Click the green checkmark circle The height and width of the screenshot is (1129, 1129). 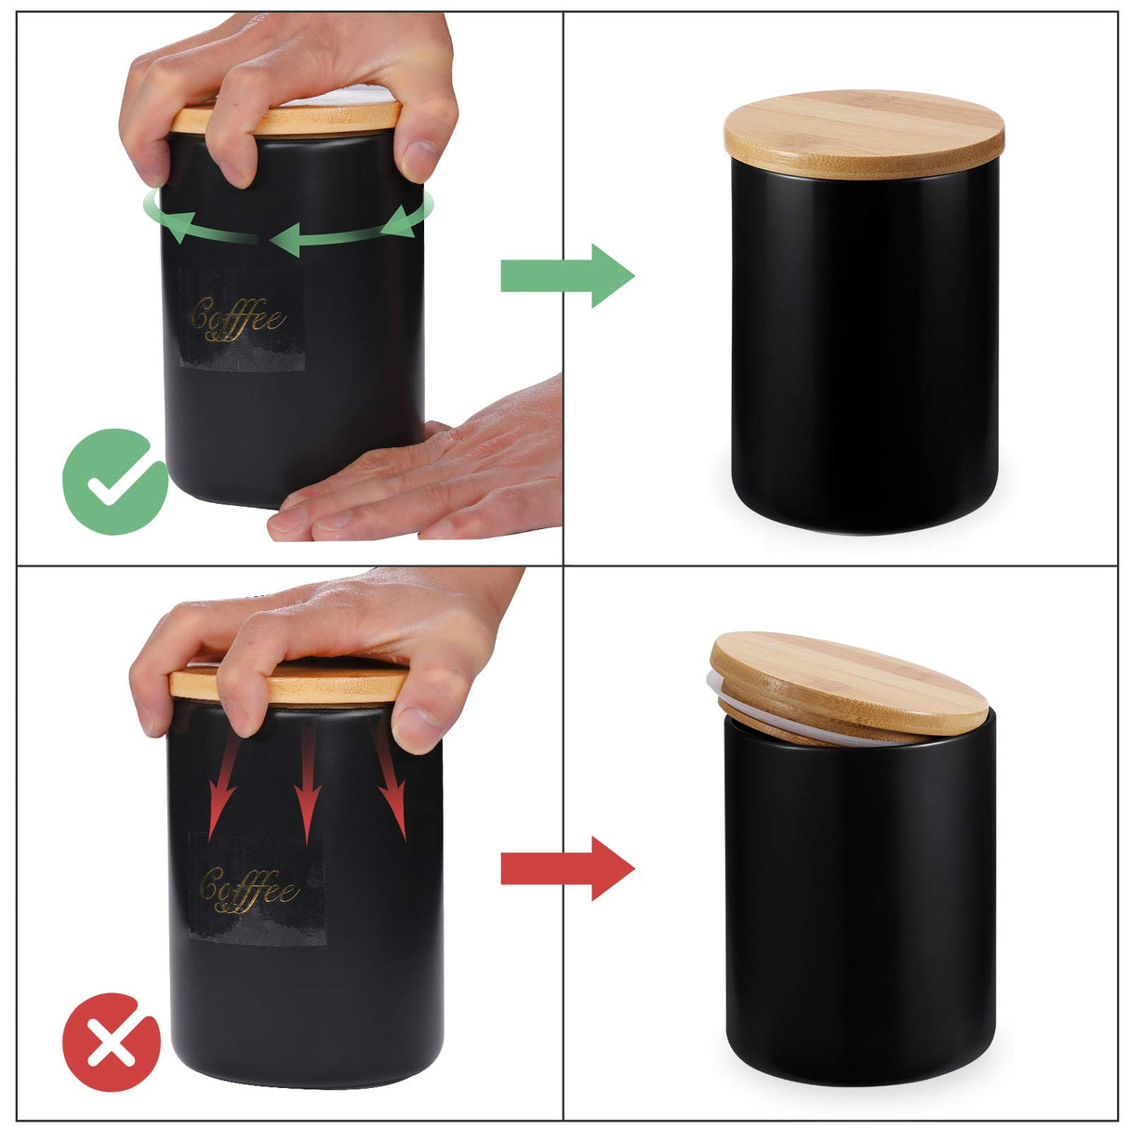pyautogui.click(x=114, y=481)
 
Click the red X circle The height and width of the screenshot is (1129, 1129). pyautogui.click(x=112, y=1042)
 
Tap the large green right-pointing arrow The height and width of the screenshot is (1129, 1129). pyautogui.click(x=567, y=276)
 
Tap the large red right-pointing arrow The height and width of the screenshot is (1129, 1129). pyautogui.click(x=567, y=869)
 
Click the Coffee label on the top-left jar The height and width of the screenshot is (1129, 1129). pyautogui.click(x=239, y=318)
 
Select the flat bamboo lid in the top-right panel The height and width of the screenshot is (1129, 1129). pyautogui.click(x=864, y=133)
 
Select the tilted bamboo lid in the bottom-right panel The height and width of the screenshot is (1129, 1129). pyautogui.click(x=848, y=681)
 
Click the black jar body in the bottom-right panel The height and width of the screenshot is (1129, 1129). pyautogui.click(x=860, y=911)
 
